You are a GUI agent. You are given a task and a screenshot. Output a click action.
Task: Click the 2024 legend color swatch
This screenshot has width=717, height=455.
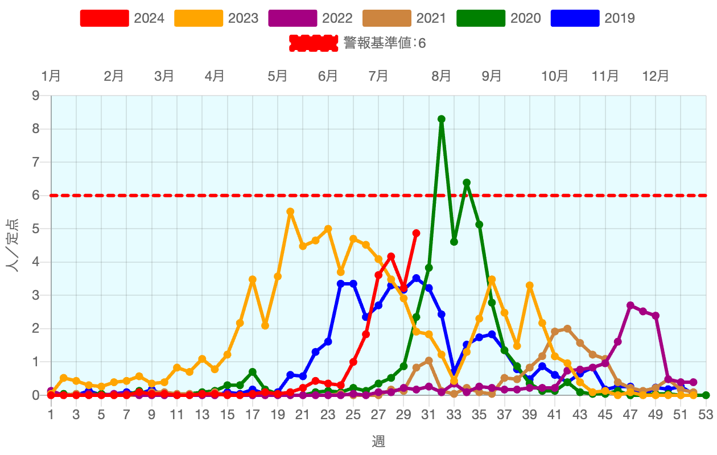click(104, 18)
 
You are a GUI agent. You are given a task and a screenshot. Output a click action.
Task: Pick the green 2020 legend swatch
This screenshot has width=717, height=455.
click(481, 18)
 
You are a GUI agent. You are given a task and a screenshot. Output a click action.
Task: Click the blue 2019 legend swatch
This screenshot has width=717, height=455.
click(575, 18)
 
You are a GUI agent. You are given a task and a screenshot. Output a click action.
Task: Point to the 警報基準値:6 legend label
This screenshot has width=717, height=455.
click(385, 43)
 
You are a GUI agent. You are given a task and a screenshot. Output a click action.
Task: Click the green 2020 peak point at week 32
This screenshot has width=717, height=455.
click(442, 119)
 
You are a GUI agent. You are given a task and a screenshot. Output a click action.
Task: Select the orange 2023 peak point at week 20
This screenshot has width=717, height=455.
click(290, 212)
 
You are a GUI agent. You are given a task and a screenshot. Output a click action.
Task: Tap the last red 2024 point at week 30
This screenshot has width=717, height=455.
click(416, 233)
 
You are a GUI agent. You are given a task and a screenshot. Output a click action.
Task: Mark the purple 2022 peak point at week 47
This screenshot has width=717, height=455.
click(631, 305)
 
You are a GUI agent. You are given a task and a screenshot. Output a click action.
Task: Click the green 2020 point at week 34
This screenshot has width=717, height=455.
click(467, 183)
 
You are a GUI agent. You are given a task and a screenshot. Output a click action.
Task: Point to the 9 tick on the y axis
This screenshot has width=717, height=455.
click(36, 96)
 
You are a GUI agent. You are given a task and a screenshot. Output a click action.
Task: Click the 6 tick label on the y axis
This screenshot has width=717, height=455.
click(36, 196)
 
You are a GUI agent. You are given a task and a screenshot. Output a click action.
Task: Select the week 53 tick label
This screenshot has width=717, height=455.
click(706, 415)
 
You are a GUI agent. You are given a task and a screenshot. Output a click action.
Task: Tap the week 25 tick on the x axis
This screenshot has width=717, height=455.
click(353, 415)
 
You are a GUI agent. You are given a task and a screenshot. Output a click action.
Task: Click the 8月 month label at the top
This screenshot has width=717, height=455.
click(442, 76)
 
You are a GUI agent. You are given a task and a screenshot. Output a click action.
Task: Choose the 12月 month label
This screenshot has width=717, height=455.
click(656, 76)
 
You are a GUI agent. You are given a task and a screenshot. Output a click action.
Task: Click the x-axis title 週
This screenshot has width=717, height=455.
click(378, 441)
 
